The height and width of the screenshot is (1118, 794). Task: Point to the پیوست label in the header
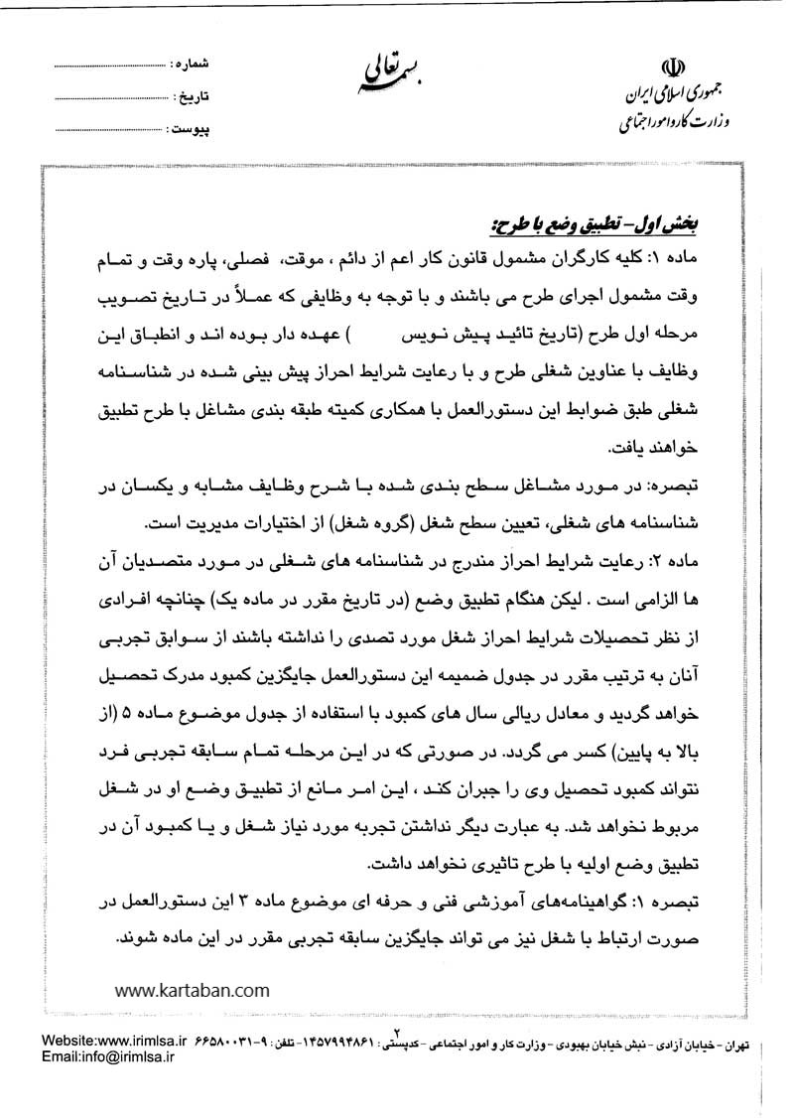click(x=187, y=130)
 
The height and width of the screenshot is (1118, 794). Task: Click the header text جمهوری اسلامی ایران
click(x=670, y=98)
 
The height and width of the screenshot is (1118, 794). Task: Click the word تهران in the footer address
click(x=758, y=1046)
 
